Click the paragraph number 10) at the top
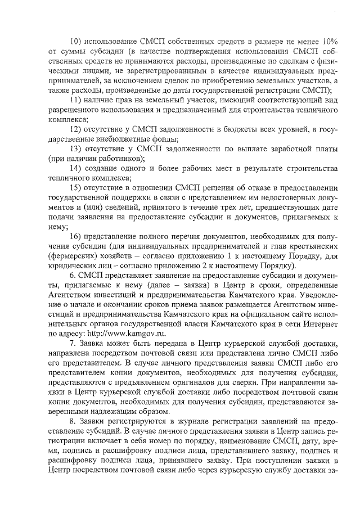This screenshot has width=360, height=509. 75,42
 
